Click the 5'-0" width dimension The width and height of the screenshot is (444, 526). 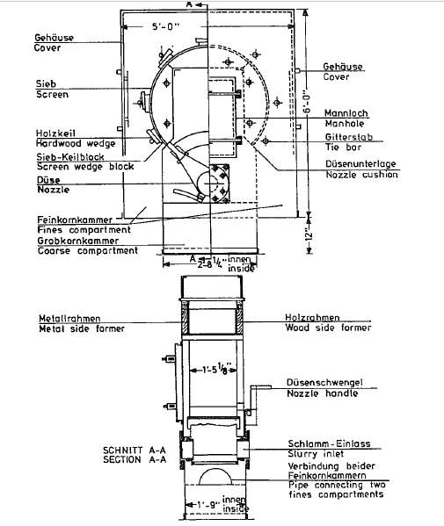(166, 26)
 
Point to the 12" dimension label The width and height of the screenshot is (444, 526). (309, 234)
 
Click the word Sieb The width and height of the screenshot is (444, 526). (46, 83)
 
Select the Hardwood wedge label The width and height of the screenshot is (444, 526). (76, 144)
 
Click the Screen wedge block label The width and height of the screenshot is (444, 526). (85, 167)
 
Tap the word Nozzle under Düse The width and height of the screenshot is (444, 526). (54, 190)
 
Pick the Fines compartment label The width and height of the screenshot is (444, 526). (84, 230)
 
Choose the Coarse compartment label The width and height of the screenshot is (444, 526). (88, 251)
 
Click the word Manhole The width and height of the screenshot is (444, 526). (345, 124)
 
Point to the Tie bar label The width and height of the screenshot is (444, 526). (343, 148)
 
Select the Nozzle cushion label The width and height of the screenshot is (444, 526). (362, 175)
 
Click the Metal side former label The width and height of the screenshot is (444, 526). (82, 328)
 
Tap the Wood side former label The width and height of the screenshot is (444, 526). (328, 328)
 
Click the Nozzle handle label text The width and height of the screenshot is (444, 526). (323, 393)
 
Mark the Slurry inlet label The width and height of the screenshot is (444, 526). (316, 454)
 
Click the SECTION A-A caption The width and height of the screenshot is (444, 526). (135, 459)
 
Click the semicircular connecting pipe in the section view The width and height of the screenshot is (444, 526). (215, 471)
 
